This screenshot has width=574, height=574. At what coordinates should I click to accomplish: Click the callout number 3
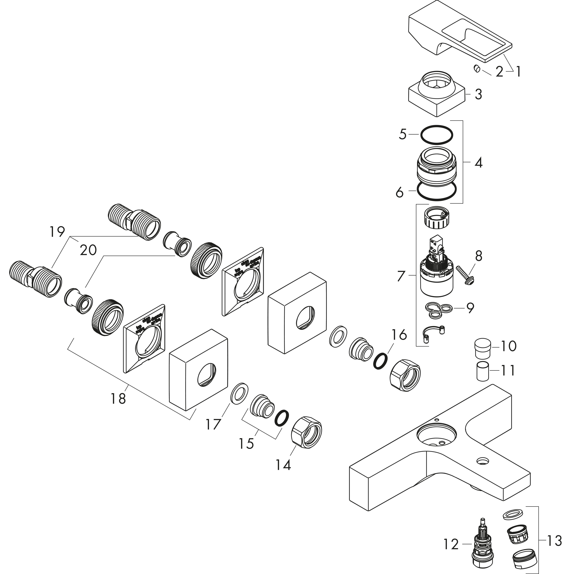pos(478,94)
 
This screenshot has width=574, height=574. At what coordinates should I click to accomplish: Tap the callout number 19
pos(57,232)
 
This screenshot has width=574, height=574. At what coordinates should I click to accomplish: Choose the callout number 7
pos(401,276)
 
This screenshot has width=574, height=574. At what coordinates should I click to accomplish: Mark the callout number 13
pos(554,541)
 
